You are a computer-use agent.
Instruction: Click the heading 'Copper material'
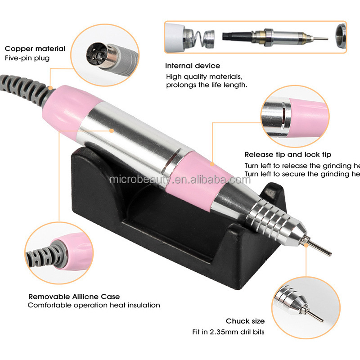(35, 49)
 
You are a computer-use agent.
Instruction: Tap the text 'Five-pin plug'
(27, 58)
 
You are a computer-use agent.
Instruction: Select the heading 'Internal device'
(193, 66)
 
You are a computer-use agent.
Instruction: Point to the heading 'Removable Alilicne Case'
(74, 297)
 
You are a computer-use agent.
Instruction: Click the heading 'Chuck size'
(245, 321)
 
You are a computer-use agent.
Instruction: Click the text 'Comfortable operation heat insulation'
(94, 305)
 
